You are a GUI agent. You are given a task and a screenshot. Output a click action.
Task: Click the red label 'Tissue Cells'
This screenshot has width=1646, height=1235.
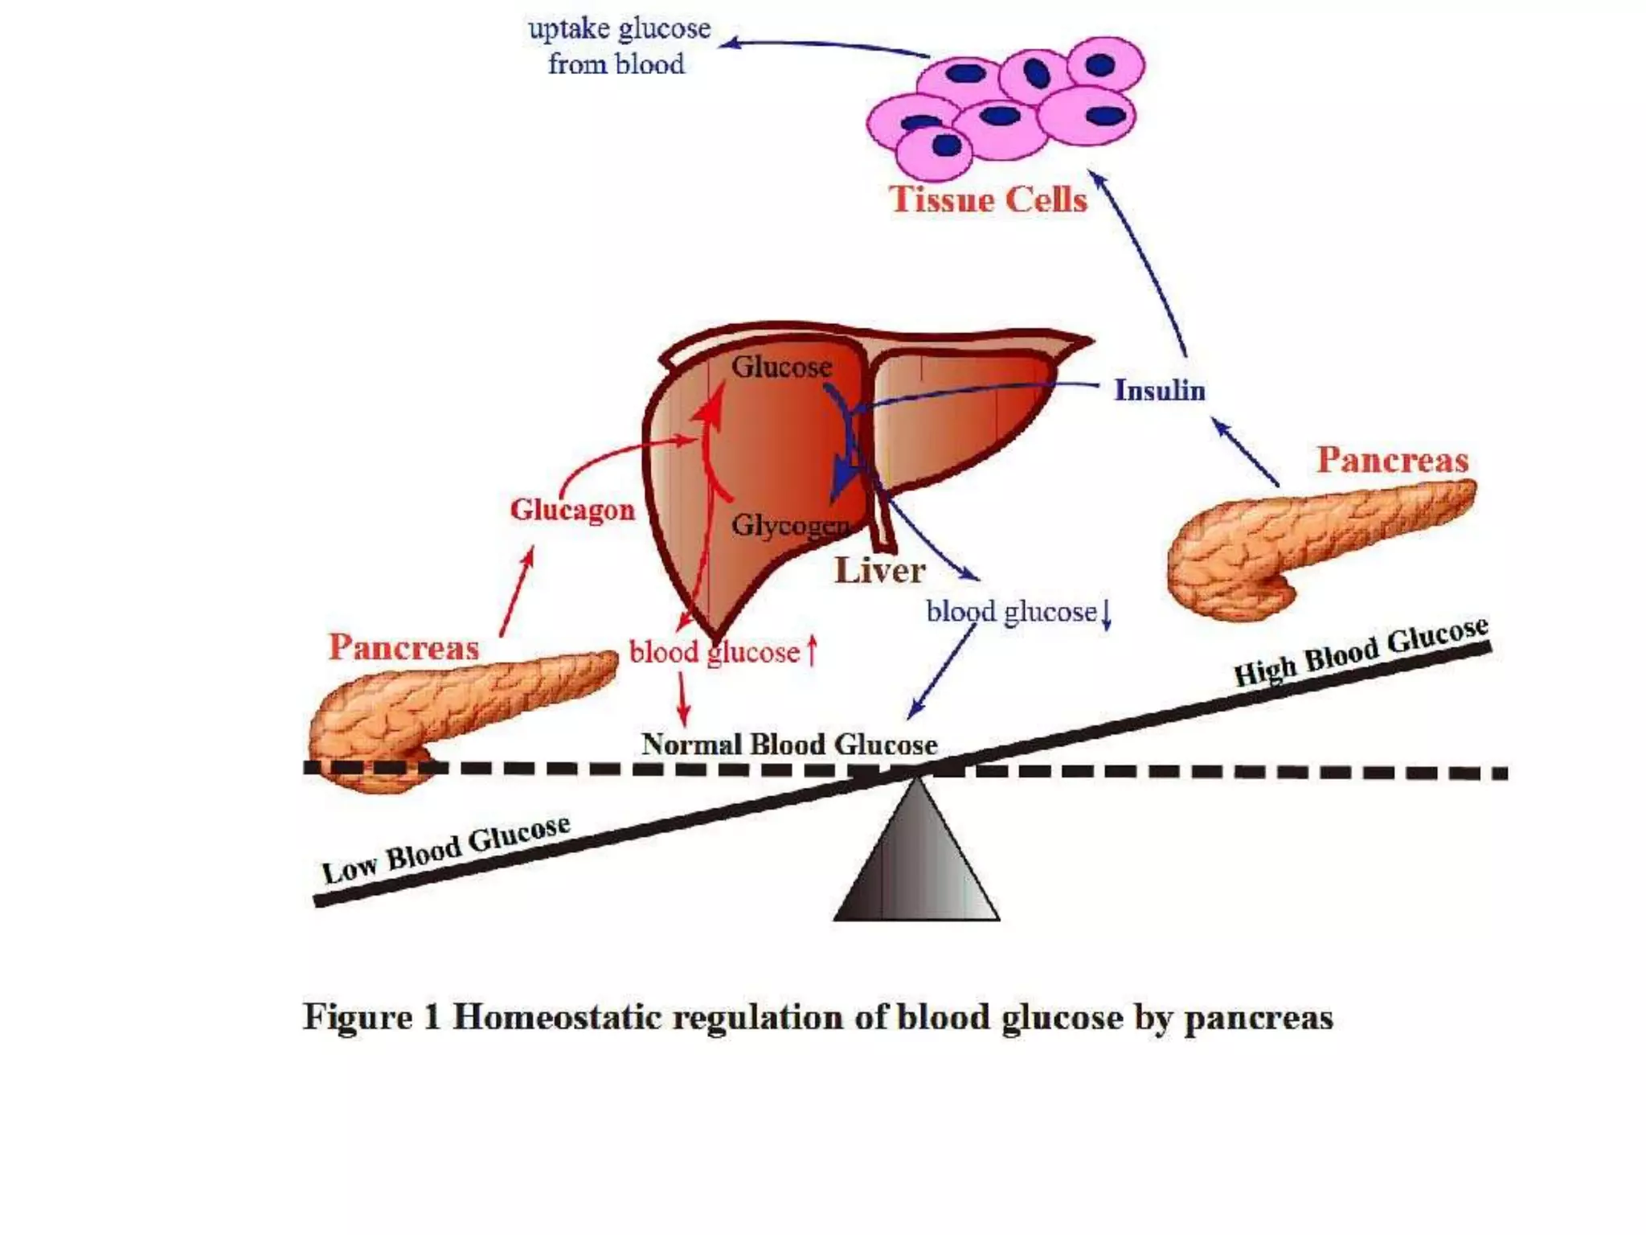(988, 199)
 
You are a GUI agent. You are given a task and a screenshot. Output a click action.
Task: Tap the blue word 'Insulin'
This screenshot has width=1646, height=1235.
(1159, 390)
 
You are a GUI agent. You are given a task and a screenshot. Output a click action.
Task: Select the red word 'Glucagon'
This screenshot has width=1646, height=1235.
(572, 510)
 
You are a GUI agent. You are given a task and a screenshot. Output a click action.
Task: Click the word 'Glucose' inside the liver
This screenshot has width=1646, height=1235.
(781, 367)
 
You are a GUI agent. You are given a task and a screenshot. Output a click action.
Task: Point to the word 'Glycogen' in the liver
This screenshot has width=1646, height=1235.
(791, 526)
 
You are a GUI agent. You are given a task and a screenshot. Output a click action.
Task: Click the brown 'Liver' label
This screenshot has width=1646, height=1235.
(880, 570)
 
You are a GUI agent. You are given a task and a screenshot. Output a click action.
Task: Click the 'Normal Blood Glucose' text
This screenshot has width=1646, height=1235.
(789, 744)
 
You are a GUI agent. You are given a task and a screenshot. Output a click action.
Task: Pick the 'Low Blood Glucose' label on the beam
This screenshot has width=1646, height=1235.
(446, 848)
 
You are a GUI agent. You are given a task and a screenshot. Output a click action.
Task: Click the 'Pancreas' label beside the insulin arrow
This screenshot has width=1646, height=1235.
(1392, 460)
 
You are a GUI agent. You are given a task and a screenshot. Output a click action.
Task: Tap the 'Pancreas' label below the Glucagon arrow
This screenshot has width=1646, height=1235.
(403, 647)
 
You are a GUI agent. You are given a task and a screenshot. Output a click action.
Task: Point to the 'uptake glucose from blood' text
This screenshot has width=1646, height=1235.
(618, 46)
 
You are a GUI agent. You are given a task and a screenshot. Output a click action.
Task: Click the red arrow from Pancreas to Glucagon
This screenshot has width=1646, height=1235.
(516, 592)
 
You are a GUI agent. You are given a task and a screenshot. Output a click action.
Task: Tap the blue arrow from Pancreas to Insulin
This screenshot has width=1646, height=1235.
(1245, 452)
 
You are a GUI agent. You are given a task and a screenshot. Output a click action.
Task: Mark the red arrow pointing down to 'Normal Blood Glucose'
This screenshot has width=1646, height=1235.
(683, 698)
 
